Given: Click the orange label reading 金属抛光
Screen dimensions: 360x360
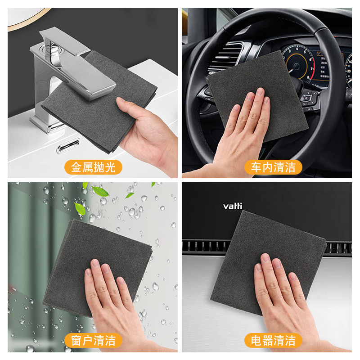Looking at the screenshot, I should pyautogui.click(x=93, y=167).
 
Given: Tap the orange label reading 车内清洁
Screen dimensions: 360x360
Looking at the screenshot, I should pyautogui.click(x=273, y=167).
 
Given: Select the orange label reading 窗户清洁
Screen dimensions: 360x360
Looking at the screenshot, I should pyautogui.click(x=93, y=340).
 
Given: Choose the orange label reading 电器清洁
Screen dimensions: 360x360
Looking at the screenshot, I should pyautogui.click(x=273, y=340).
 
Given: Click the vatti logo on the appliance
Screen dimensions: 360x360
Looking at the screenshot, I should pyautogui.click(x=233, y=206).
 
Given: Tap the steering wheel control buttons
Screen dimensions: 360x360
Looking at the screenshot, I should pyautogui.click(x=310, y=97).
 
